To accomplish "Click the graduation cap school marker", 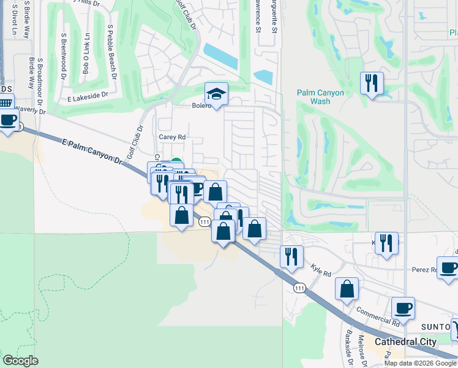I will click(x=216, y=94).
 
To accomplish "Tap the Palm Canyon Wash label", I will click(x=320, y=98).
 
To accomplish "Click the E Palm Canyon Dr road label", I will click(x=92, y=150).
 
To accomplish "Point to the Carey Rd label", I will click(x=171, y=137).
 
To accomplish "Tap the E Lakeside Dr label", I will click(x=88, y=96).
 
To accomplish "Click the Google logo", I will click(x=20, y=361).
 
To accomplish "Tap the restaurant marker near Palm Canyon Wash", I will click(x=372, y=83).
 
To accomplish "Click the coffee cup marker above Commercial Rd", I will click(x=403, y=309).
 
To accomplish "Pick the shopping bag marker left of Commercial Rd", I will click(x=347, y=289).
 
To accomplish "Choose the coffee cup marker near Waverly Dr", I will click(x=9, y=120).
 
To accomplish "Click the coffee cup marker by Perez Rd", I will click(x=449, y=268).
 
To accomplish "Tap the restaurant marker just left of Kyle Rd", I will click(x=291, y=256).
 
